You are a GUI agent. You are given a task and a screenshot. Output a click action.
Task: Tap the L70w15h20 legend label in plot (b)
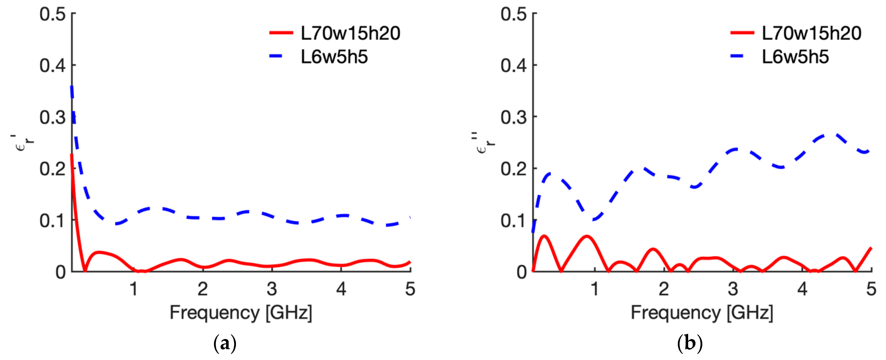pyautogui.click(x=811, y=33)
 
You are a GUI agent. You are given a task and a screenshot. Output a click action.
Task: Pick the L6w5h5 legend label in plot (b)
pyautogui.click(x=795, y=57)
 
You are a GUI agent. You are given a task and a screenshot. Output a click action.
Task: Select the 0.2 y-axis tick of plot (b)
pyautogui.click(x=514, y=169)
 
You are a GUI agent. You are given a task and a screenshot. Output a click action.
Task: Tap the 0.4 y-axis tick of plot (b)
pyautogui.click(x=514, y=65)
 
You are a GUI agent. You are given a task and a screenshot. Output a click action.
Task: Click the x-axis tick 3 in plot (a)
pyautogui.click(x=272, y=289)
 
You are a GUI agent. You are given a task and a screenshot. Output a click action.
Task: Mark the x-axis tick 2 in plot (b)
pyautogui.click(x=664, y=289)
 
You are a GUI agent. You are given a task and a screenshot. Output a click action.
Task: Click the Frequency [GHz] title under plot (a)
pyautogui.click(x=241, y=313)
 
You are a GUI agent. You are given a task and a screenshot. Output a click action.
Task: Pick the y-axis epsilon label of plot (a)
pyautogui.click(x=23, y=143)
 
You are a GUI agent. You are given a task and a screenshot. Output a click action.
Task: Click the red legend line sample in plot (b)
pyautogui.click(x=742, y=33)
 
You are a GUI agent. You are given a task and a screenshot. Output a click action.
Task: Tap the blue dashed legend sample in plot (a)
pyautogui.click(x=276, y=56)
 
